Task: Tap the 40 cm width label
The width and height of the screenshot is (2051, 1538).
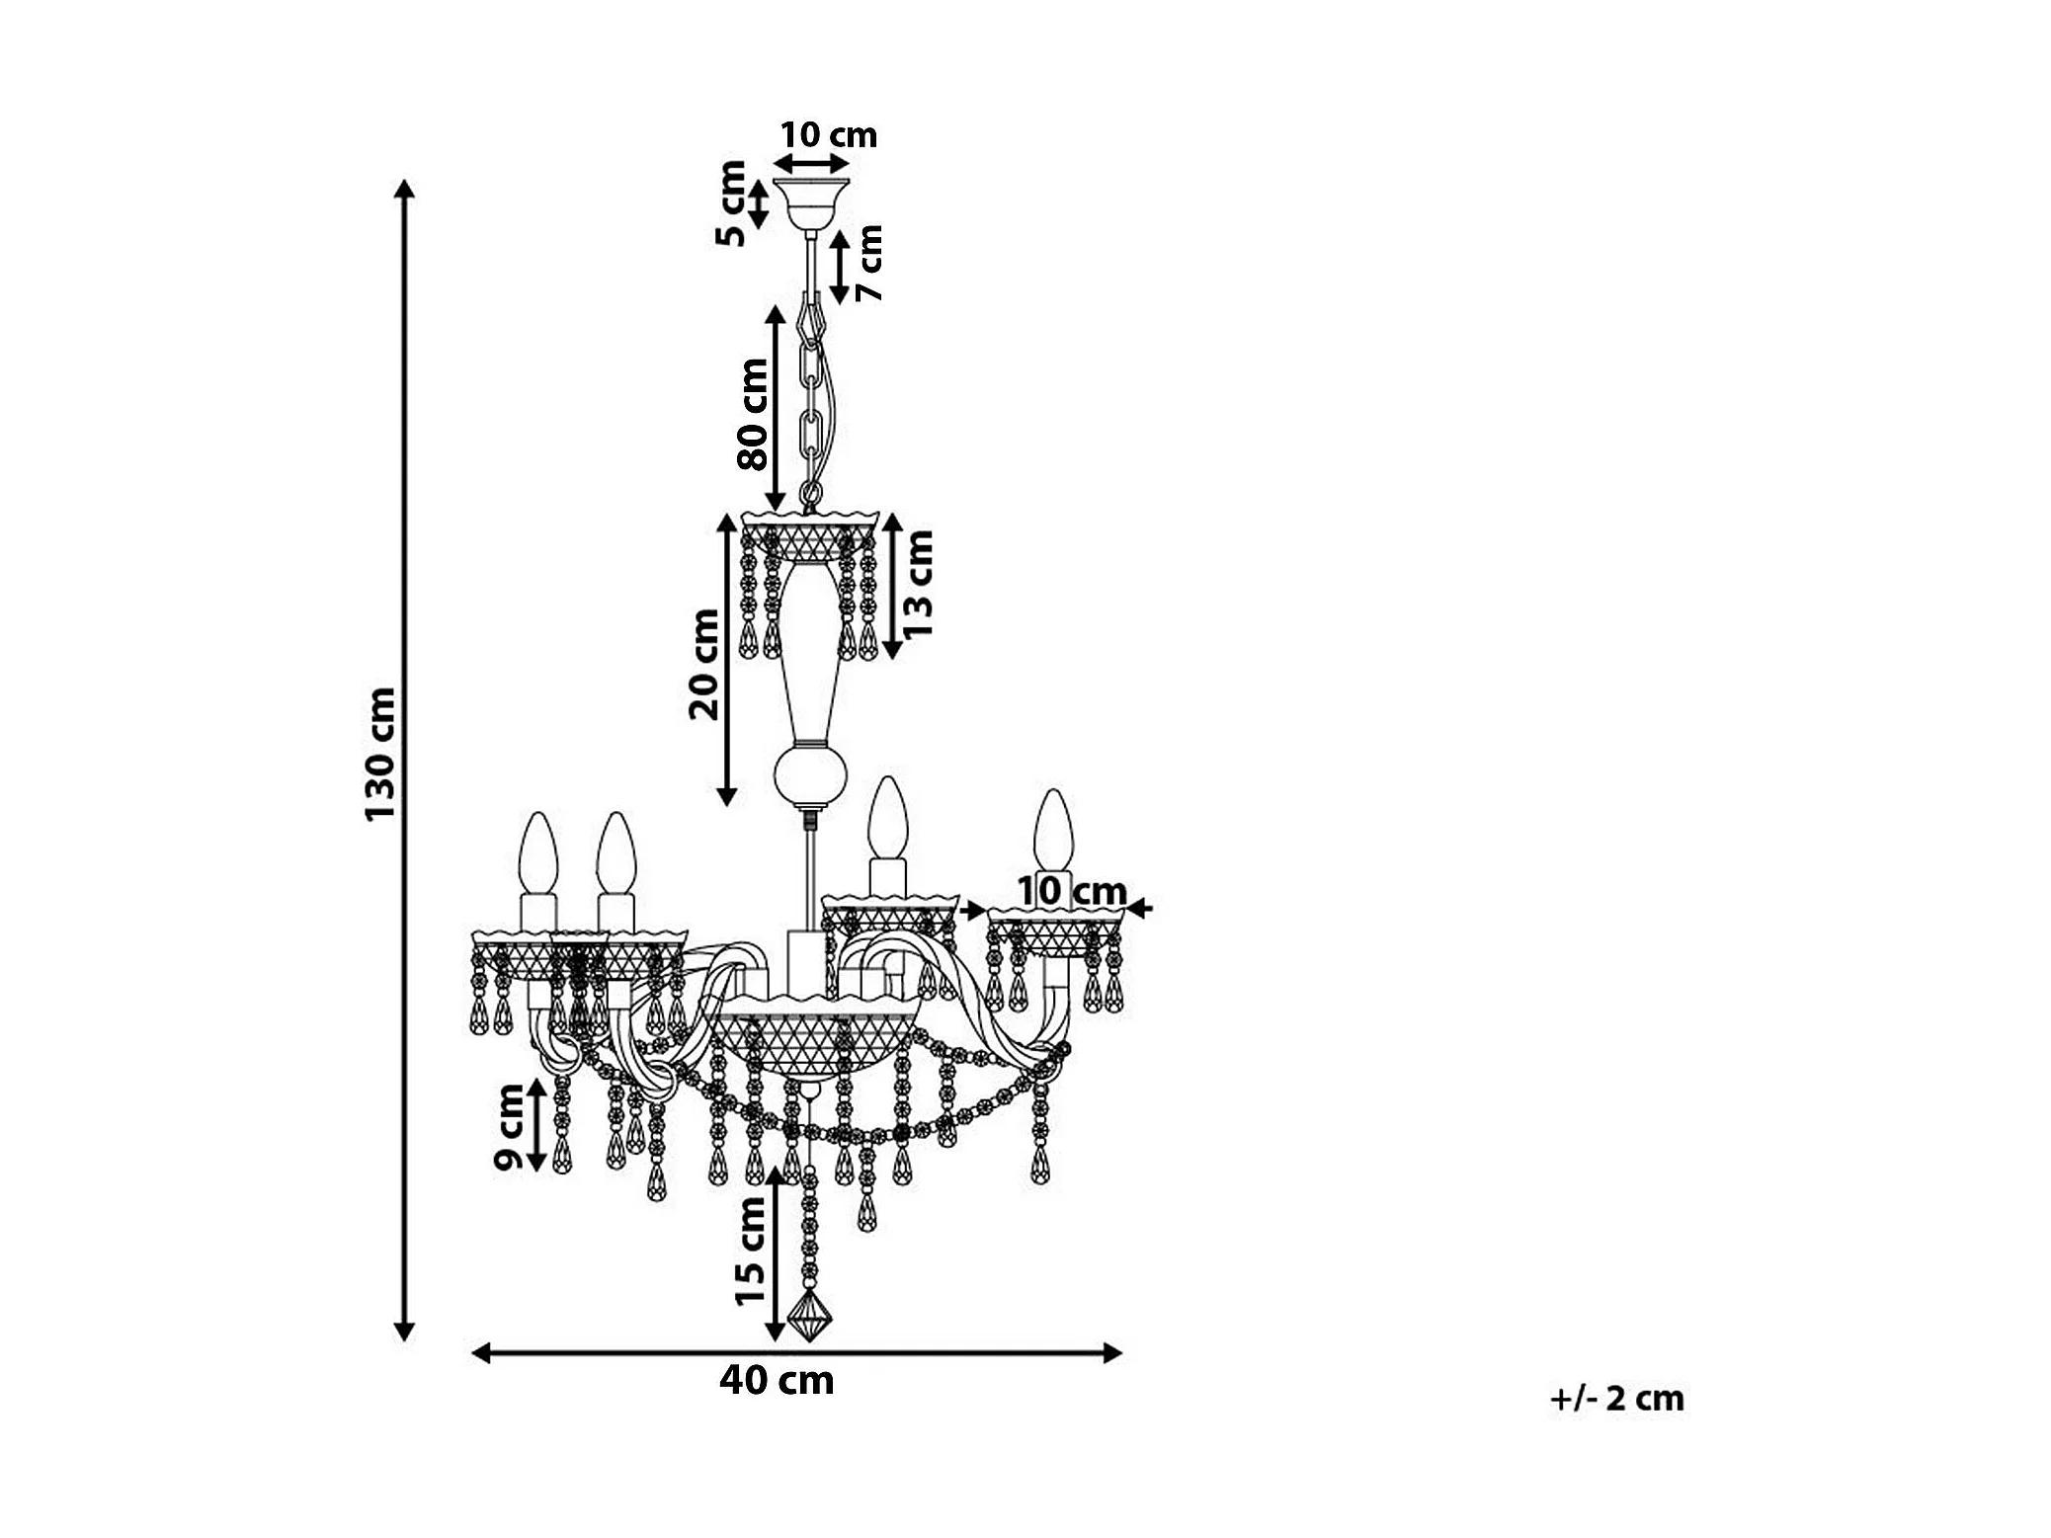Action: coord(777,1380)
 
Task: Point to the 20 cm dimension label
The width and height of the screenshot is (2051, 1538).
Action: coord(705,664)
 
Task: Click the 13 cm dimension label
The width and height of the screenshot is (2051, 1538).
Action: coord(917,583)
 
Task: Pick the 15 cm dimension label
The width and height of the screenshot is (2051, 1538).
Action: coord(751,1251)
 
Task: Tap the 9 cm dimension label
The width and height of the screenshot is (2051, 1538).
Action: coord(510,1126)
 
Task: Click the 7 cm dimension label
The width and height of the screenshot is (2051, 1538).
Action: coord(869,262)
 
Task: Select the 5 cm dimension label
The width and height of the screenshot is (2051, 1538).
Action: coord(731,203)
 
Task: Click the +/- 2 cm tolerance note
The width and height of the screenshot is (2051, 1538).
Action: coord(1617,1399)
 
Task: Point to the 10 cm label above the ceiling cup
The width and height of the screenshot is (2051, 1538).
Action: coord(828,135)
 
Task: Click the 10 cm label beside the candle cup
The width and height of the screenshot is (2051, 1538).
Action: coord(1072,891)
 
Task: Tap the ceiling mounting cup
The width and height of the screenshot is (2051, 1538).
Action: coord(811,202)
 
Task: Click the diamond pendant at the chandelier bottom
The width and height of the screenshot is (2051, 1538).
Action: coord(809,1315)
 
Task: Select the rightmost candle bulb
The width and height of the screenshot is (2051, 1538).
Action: coord(1053,830)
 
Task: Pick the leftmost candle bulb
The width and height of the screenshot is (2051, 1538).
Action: coord(538,853)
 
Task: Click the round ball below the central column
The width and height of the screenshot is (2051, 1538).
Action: coord(810,774)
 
